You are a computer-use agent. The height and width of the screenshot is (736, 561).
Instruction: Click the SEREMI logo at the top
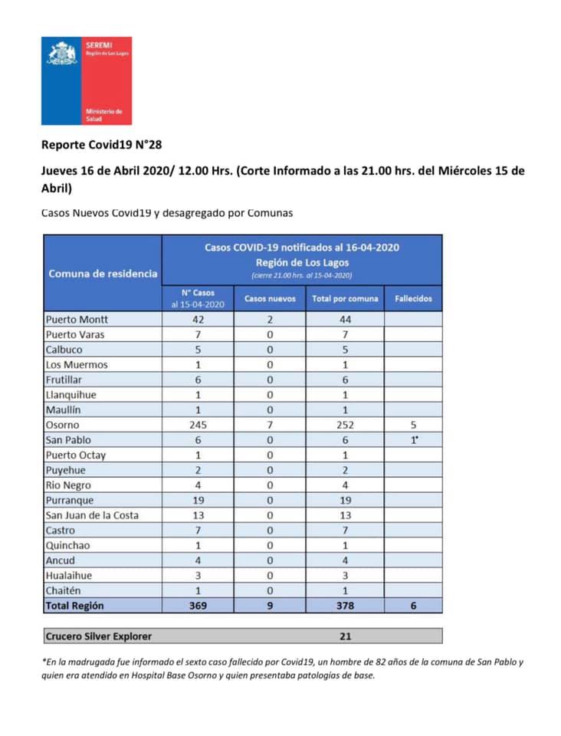click(86, 80)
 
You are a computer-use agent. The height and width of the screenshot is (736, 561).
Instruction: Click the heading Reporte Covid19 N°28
click(101, 144)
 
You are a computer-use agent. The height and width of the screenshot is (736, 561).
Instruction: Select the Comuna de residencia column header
click(103, 274)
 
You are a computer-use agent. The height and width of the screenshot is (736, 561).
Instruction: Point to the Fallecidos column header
click(413, 298)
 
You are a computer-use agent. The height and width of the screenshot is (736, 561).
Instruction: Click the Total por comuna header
click(345, 298)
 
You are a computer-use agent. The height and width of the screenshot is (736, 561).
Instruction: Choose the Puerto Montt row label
click(77, 320)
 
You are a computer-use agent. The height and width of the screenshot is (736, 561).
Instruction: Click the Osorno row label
click(63, 425)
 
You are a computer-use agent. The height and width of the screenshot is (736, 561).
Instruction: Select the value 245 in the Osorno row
click(198, 425)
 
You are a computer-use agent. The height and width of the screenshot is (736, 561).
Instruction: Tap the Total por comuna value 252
click(345, 425)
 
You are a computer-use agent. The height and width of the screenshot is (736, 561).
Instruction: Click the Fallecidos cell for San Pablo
click(414, 440)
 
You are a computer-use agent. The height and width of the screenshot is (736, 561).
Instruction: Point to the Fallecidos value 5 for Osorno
click(414, 425)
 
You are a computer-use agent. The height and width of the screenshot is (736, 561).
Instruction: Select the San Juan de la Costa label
click(92, 515)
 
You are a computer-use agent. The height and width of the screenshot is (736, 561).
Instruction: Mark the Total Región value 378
click(345, 606)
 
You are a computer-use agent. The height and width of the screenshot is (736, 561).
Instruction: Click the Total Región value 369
click(198, 606)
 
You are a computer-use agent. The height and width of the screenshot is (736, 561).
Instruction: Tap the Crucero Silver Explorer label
click(98, 636)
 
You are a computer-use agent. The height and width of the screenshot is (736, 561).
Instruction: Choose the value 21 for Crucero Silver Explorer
click(345, 636)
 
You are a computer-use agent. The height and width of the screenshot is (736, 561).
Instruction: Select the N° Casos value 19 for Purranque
click(198, 500)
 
